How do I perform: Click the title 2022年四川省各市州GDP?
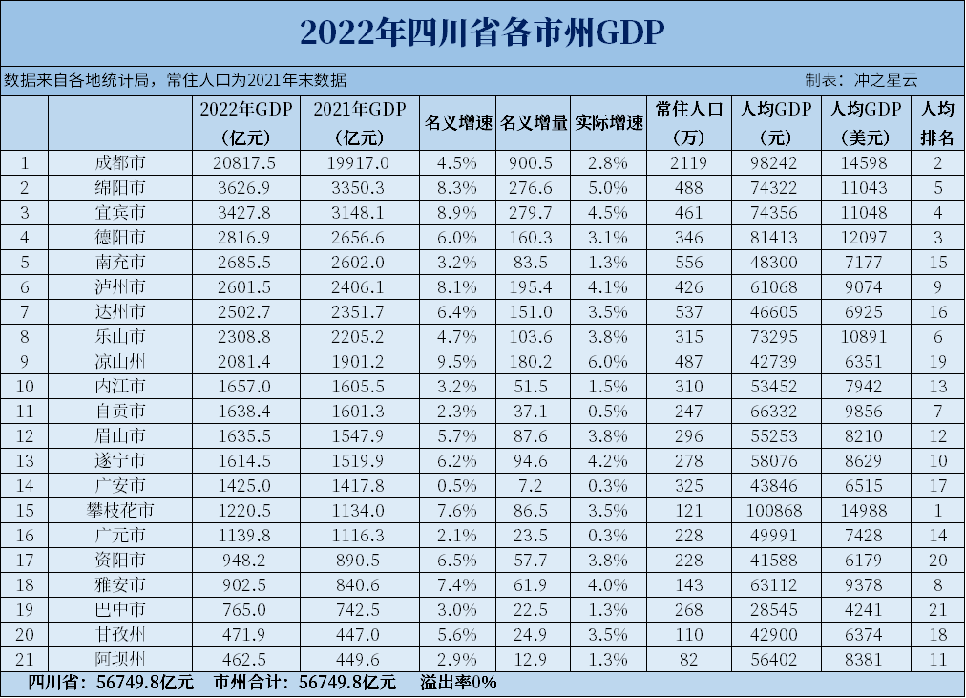tap(482, 32)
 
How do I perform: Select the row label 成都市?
tap(121, 161)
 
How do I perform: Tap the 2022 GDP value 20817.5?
tap(245, 161)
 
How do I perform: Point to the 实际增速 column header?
tap(609, 123)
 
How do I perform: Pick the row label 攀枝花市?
tap(121, 510)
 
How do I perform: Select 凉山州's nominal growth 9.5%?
tap(458, 361)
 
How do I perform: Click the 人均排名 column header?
tap(937, 123)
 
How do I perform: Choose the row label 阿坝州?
tap(121, 659)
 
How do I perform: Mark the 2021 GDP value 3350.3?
tap(359, 186)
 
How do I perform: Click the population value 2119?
tap(686, 161)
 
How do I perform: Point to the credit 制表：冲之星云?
tap(861, 80)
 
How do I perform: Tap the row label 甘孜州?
tap(121, 634)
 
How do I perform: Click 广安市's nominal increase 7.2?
tap(533, 485)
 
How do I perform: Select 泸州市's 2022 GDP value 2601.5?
tap(245, 286)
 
